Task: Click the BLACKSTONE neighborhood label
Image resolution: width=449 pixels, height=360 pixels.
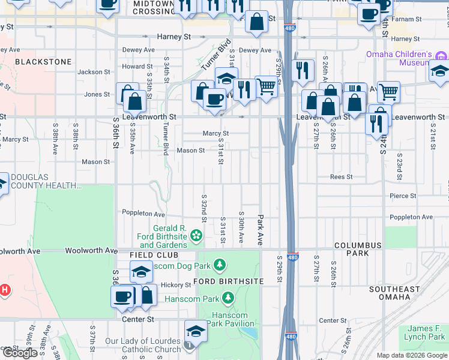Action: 43,62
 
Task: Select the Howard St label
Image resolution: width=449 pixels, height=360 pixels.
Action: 133,67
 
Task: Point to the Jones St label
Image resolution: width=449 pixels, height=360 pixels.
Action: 97,94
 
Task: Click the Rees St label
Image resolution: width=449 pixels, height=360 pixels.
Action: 341,177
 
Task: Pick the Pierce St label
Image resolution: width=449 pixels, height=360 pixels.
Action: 403,196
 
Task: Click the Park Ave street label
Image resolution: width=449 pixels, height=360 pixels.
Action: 261,230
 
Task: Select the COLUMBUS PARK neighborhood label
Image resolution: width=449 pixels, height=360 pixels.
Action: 358,249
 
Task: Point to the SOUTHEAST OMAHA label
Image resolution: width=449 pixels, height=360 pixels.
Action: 394,293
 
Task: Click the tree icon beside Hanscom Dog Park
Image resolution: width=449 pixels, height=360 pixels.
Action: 220,264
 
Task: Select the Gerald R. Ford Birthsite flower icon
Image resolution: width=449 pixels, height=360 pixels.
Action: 196,237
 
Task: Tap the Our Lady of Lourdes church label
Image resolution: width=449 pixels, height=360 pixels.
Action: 143,345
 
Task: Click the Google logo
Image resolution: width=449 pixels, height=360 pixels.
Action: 20,353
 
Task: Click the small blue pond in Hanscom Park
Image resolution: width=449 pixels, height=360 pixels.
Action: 250,332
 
